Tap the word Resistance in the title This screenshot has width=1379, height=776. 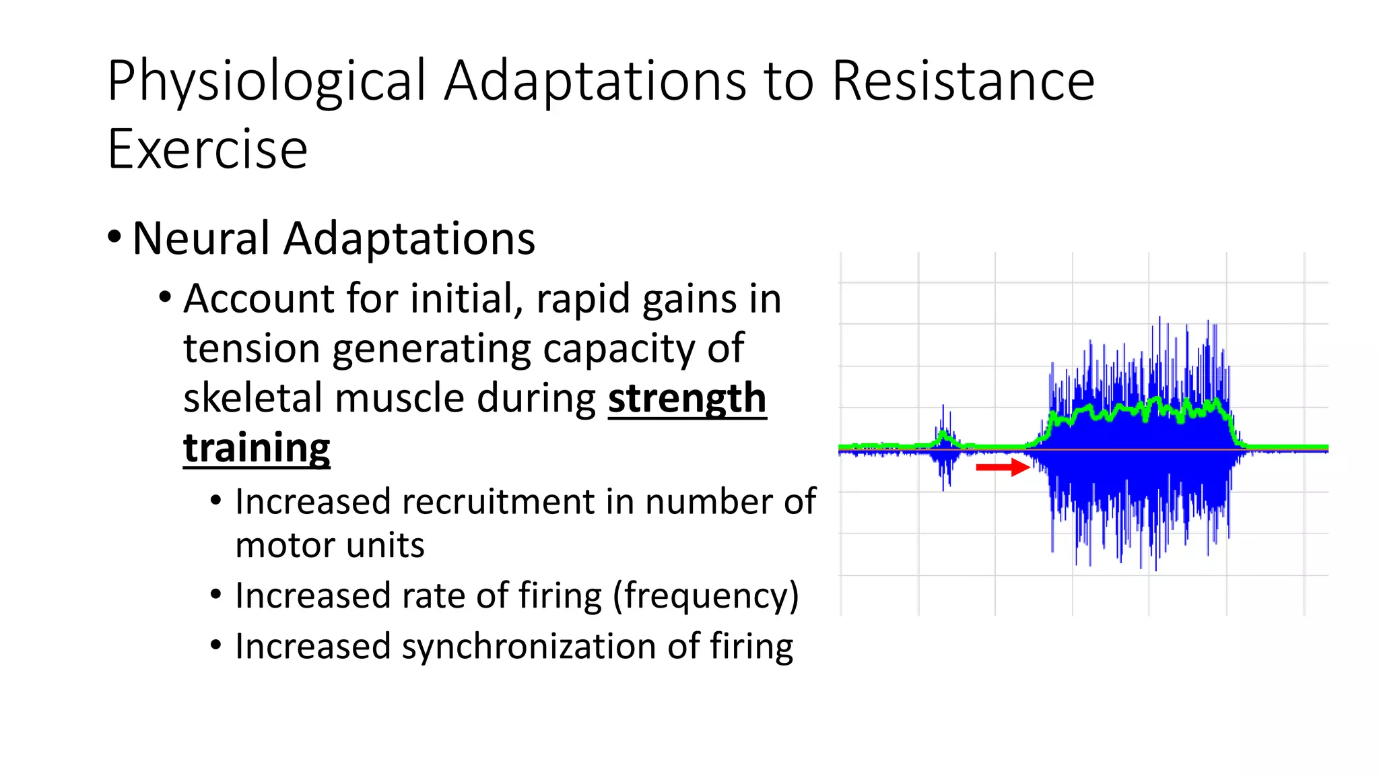(963, 81)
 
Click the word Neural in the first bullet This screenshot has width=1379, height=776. (201, 238)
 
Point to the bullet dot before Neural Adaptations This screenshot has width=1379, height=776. (114, 237)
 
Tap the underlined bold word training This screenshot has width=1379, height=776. (257, 448)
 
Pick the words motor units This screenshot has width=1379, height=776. (330, 546)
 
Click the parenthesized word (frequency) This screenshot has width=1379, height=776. (705, 596)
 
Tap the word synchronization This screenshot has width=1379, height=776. (529, 647)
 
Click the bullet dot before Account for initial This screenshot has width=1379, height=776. (165, 297)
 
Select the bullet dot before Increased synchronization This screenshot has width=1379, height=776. (215, 645)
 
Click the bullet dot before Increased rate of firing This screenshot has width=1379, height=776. (215, 595)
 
